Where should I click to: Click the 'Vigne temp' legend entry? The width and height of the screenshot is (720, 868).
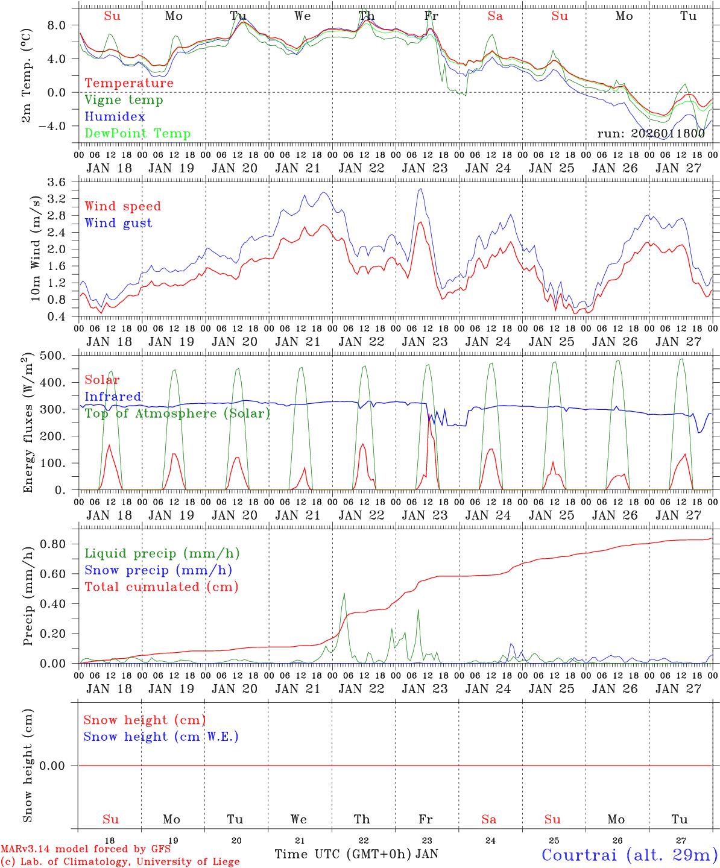(124, 100)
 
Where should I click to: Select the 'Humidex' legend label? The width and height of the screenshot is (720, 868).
(115, 117)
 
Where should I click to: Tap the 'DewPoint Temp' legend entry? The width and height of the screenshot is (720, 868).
(137, 134)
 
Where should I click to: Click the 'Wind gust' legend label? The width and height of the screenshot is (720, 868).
(118, 223)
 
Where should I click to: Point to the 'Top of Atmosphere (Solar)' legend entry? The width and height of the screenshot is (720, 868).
(177, 414)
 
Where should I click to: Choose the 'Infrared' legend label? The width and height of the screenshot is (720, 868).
(113, 397)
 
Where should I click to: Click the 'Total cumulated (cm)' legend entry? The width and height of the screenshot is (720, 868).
(161, 587)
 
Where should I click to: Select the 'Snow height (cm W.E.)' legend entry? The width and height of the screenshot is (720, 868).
(161, 737)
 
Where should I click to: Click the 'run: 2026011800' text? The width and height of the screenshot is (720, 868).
(651, 134)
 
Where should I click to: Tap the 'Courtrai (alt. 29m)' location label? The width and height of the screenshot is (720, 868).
(630, 855)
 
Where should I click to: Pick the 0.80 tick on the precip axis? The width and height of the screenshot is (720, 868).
(52, 544)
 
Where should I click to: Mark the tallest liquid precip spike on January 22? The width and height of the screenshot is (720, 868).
(344, 593)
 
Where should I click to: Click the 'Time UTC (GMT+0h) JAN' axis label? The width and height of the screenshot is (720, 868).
(356, 854)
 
